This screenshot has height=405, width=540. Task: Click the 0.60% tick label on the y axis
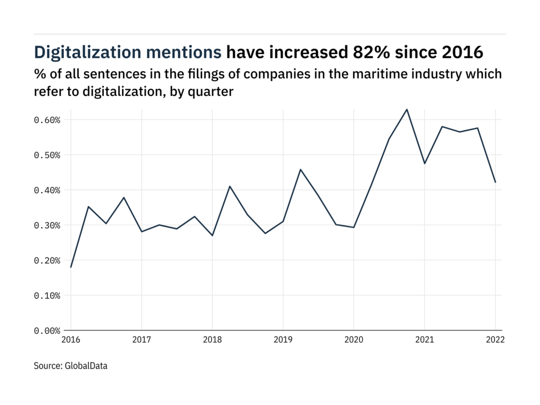[x=47, y=120]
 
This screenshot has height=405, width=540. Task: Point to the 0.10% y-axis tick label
[x=47, y=295]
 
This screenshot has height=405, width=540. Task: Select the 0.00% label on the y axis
[x=47, y=331]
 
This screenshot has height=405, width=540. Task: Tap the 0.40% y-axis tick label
[x=47, y=190]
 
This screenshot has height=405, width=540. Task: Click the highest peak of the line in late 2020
[x=407, y=109]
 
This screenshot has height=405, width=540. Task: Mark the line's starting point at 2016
[x=71, y=267]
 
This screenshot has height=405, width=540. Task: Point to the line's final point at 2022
[x=495, y=182]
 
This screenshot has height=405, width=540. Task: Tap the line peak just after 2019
[x=301, y=169]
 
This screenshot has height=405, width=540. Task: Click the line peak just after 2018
[x=230, y=186]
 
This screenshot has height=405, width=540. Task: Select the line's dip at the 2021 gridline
[x=425, y=163]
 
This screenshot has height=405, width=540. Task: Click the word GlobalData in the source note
[x=86, y=366]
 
